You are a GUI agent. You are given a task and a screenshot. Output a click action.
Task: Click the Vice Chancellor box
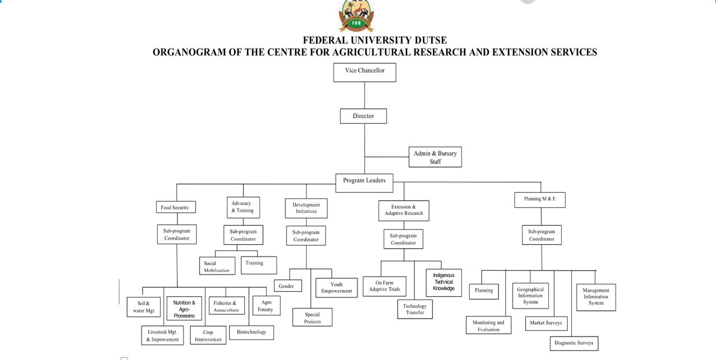(x=365, y=72)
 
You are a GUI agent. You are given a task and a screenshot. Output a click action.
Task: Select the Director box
(x=363, y=116)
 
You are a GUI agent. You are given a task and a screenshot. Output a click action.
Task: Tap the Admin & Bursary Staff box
(x=435, y=157)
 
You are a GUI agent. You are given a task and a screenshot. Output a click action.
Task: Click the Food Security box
(x=175, y=207)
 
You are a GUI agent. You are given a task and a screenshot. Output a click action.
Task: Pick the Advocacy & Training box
(x=242, y=207)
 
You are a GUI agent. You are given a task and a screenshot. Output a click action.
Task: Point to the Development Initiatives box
(x=306, y=208)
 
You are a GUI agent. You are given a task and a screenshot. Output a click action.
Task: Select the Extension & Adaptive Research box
(x=403, y=210)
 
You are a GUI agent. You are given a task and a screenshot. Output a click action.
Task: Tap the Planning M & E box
(x=540, y=200)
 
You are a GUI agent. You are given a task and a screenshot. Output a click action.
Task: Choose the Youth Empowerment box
(x=336, y=287)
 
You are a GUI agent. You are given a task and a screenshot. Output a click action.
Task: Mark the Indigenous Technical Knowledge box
(x=444, y=282)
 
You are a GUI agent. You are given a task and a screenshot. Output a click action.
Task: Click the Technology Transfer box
(x=414, y=309)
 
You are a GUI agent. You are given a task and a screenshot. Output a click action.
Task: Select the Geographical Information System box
(x=530, y=296)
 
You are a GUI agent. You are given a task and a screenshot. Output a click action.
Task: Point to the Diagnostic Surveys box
(x=573, y=343)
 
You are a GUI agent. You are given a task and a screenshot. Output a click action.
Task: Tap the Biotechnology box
(x=251, y=332)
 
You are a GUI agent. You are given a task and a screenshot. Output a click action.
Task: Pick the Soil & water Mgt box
(x=144, y=307)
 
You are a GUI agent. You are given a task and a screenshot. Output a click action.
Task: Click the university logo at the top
(x=356, y=16)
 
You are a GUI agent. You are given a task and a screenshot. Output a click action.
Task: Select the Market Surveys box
(x=545, y=323)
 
